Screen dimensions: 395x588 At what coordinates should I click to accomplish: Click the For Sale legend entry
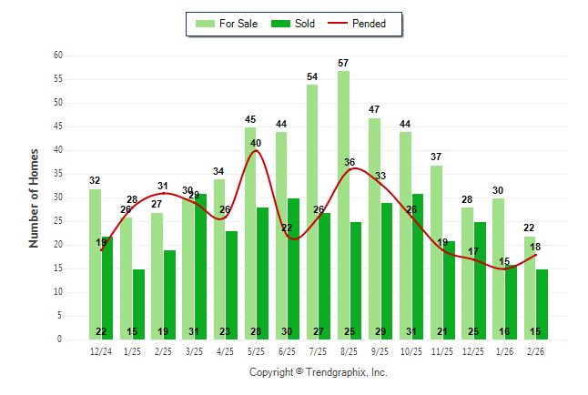pyautogui.click(x=228, y=24)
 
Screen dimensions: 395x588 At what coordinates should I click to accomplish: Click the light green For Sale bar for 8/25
pyautogui.click(x=343, y=205)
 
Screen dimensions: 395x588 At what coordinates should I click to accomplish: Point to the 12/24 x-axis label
pyautogui.click(x=101, y=350)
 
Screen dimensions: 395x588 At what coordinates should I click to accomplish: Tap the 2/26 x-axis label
pyautogui.click(x=535, y=350)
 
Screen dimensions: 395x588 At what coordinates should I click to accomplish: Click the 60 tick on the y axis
pyautogui.click(x=57, y=56)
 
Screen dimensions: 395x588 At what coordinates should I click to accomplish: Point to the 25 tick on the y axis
pyautogui.click(x=57, y=221)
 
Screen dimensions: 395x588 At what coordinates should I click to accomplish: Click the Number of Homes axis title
pyautogui.click(x=35, y=197)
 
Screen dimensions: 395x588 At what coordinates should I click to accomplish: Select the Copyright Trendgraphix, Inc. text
pyautogui.click(x=319, y=372)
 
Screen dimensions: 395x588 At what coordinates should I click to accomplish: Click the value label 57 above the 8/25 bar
pyautogui.click(x=344, y=63)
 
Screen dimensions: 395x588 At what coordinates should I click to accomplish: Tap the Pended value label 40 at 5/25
pyautogui.click(x=256, y=143)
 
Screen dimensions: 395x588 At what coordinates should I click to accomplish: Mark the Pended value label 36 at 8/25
pyautogui.click(x=350, y=162)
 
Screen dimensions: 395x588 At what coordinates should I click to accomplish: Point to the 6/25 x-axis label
pyautogui.click(x=287, y=350)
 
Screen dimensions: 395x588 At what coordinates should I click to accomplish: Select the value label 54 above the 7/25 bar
pyautogui.click(x=312, y=77)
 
